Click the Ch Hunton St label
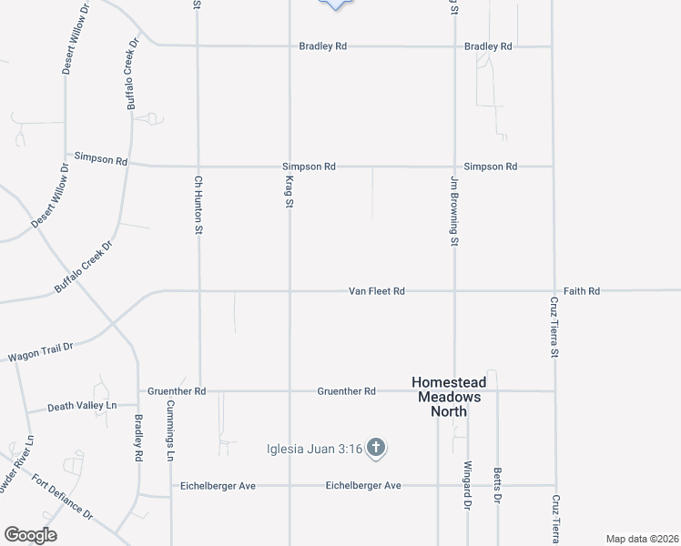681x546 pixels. tap(197, 205)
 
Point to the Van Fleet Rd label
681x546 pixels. tap(376, 291)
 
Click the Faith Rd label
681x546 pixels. tap(582, 291)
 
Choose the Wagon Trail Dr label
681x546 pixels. tap(39, 351)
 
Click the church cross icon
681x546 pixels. tap(378, 447)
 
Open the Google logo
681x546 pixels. tap(30, 535)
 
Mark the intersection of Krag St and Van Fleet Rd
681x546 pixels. tap(290, 291)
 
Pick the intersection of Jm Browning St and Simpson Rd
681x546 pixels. tap(454, 167)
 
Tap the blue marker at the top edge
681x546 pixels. tap(338, 3)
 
